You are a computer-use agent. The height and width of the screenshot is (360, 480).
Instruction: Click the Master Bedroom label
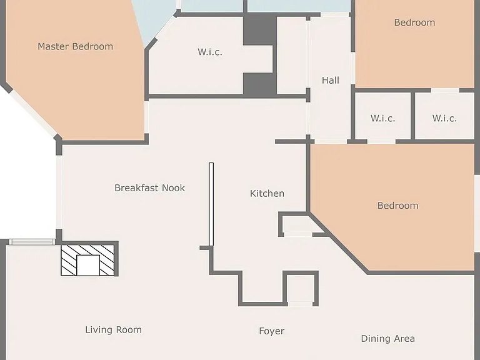(75, 46)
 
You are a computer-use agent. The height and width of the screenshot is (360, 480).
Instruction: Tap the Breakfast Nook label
(150, 187)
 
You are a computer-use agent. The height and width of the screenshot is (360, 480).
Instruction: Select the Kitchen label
(267, 194)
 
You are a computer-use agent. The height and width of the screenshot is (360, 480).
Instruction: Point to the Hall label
(331, 80)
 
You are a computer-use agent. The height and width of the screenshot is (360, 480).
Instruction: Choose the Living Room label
(114, 330)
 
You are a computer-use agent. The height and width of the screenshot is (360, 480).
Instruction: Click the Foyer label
(272, 331)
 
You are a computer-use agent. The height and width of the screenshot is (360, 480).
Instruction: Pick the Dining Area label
(388, 339)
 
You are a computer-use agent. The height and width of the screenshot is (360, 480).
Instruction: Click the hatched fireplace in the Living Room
(88, 260)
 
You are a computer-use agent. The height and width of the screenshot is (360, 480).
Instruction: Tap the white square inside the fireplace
(88, 266)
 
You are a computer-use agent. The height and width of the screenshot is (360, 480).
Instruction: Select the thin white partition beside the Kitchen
(211, 204)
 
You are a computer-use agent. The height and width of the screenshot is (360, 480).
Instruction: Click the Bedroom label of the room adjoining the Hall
(414, 22)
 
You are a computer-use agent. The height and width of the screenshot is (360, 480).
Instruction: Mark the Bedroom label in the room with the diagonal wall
(397, 206)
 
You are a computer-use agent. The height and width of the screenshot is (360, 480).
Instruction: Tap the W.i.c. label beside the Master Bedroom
(210, 52)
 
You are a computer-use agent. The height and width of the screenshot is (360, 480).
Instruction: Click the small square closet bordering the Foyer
(300, 289)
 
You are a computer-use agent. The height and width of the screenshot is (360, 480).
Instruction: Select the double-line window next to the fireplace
(32, 242)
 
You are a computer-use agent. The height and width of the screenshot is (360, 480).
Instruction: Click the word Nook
(173, 187)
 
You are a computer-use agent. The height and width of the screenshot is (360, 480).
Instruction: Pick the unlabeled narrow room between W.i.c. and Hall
(291, 56)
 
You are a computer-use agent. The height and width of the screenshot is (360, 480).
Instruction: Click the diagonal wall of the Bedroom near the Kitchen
(338, 242)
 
